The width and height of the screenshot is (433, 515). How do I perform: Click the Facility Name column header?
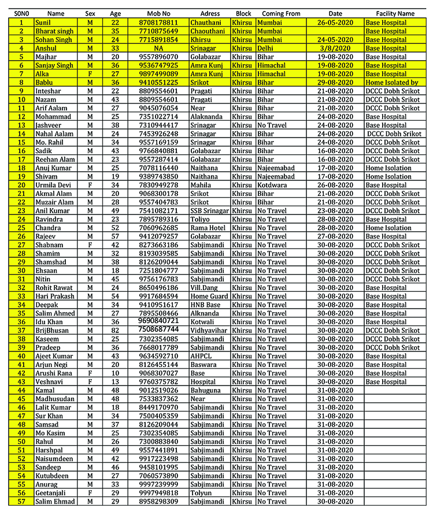point(395,13)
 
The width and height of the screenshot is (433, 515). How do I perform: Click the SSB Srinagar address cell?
point(209,210)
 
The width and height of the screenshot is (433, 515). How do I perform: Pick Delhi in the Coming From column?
point(266,48)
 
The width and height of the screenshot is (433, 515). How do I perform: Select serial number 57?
point(21,501)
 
